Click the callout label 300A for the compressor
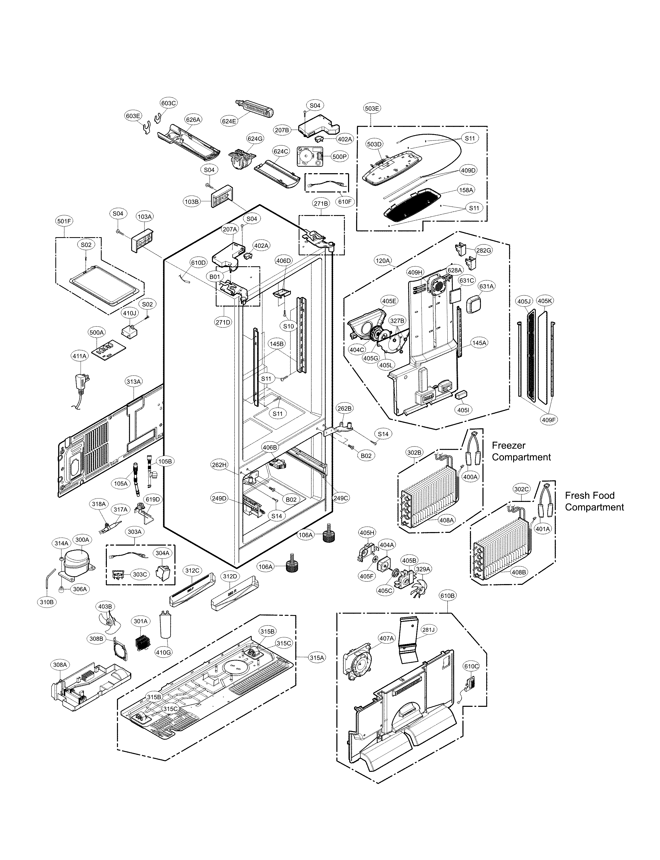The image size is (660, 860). (82, 540)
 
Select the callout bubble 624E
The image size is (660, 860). (229, 121)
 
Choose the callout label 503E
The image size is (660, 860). (372, 108)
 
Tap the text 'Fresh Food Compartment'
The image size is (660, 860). (594, 501)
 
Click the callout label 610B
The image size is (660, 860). (447, 596)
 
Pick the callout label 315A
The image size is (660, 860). (316, 658)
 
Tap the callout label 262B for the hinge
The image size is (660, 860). (344, 408)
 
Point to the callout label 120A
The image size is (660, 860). (383, 260)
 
